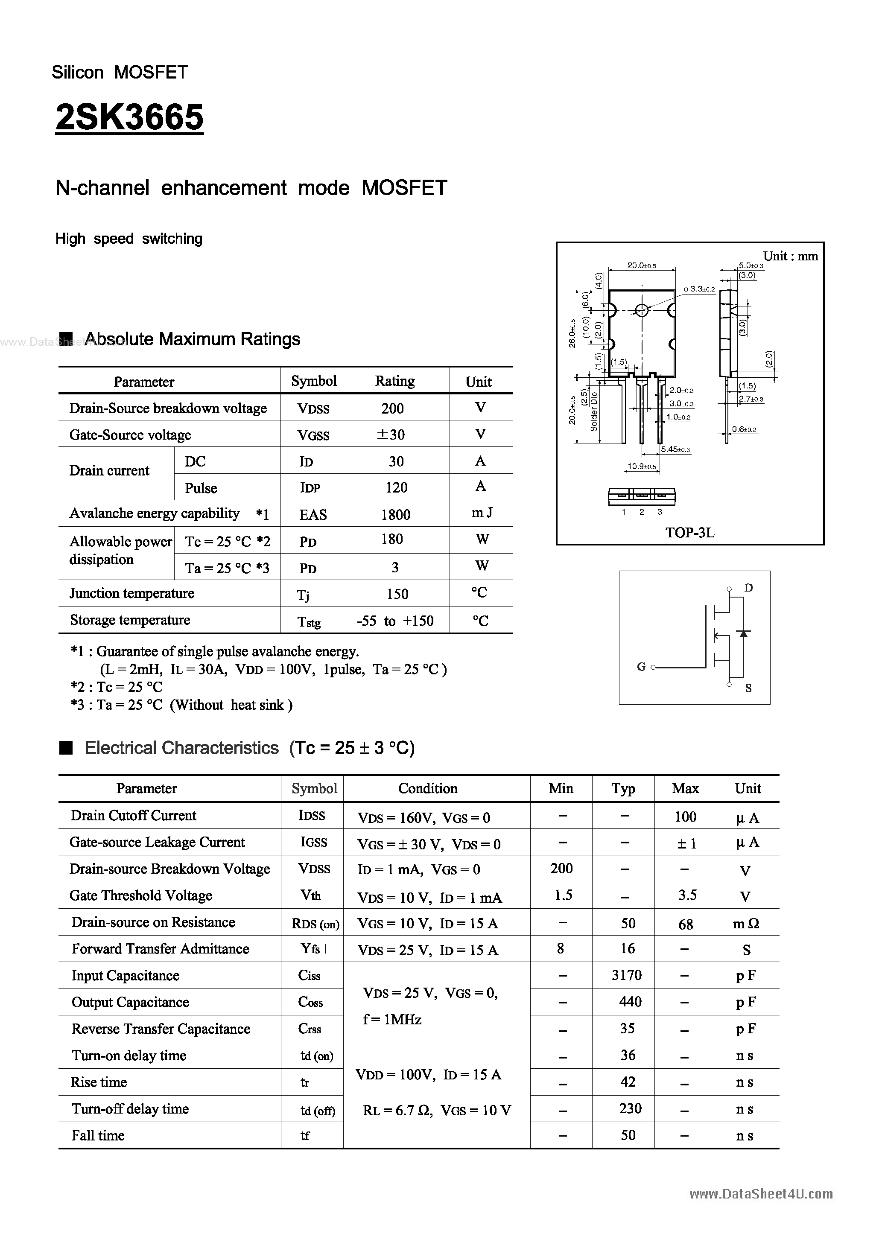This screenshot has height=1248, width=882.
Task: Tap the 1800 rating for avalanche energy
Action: [x=395, y=514]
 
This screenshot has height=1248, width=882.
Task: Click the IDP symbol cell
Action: [x=310, y=487]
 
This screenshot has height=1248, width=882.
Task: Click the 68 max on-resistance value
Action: [x=685, y=924]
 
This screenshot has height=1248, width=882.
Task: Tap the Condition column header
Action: [x=427, y=788]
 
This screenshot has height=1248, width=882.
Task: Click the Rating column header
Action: [x=395, y=381]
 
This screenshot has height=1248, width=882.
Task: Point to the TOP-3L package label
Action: [x=689, y=533]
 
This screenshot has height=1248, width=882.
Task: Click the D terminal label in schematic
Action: [x=748, y=588]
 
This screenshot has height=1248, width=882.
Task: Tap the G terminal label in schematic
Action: [x=641, y=667]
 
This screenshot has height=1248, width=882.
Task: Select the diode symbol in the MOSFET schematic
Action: [x=744, y=633]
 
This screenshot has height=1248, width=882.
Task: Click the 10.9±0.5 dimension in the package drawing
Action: [x=642, y=467]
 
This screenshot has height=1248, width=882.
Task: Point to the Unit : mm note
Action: [x=790, y=256]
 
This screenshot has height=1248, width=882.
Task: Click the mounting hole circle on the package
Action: [x=642, y=310]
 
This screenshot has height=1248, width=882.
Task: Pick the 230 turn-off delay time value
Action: [x=630, y=1108]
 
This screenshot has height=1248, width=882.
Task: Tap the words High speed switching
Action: [x=129, y=239]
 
